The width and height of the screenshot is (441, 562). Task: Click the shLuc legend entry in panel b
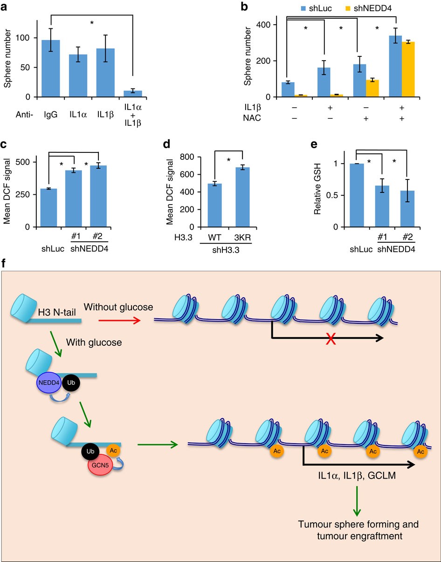point(295,8)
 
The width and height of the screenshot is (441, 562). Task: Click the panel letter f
point(4,264)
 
